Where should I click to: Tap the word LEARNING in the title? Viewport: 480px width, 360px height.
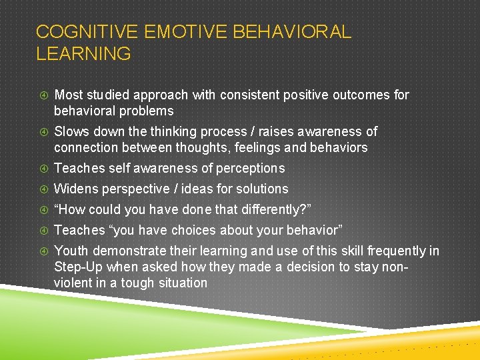83,54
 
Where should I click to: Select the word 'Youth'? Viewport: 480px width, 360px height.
71,251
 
